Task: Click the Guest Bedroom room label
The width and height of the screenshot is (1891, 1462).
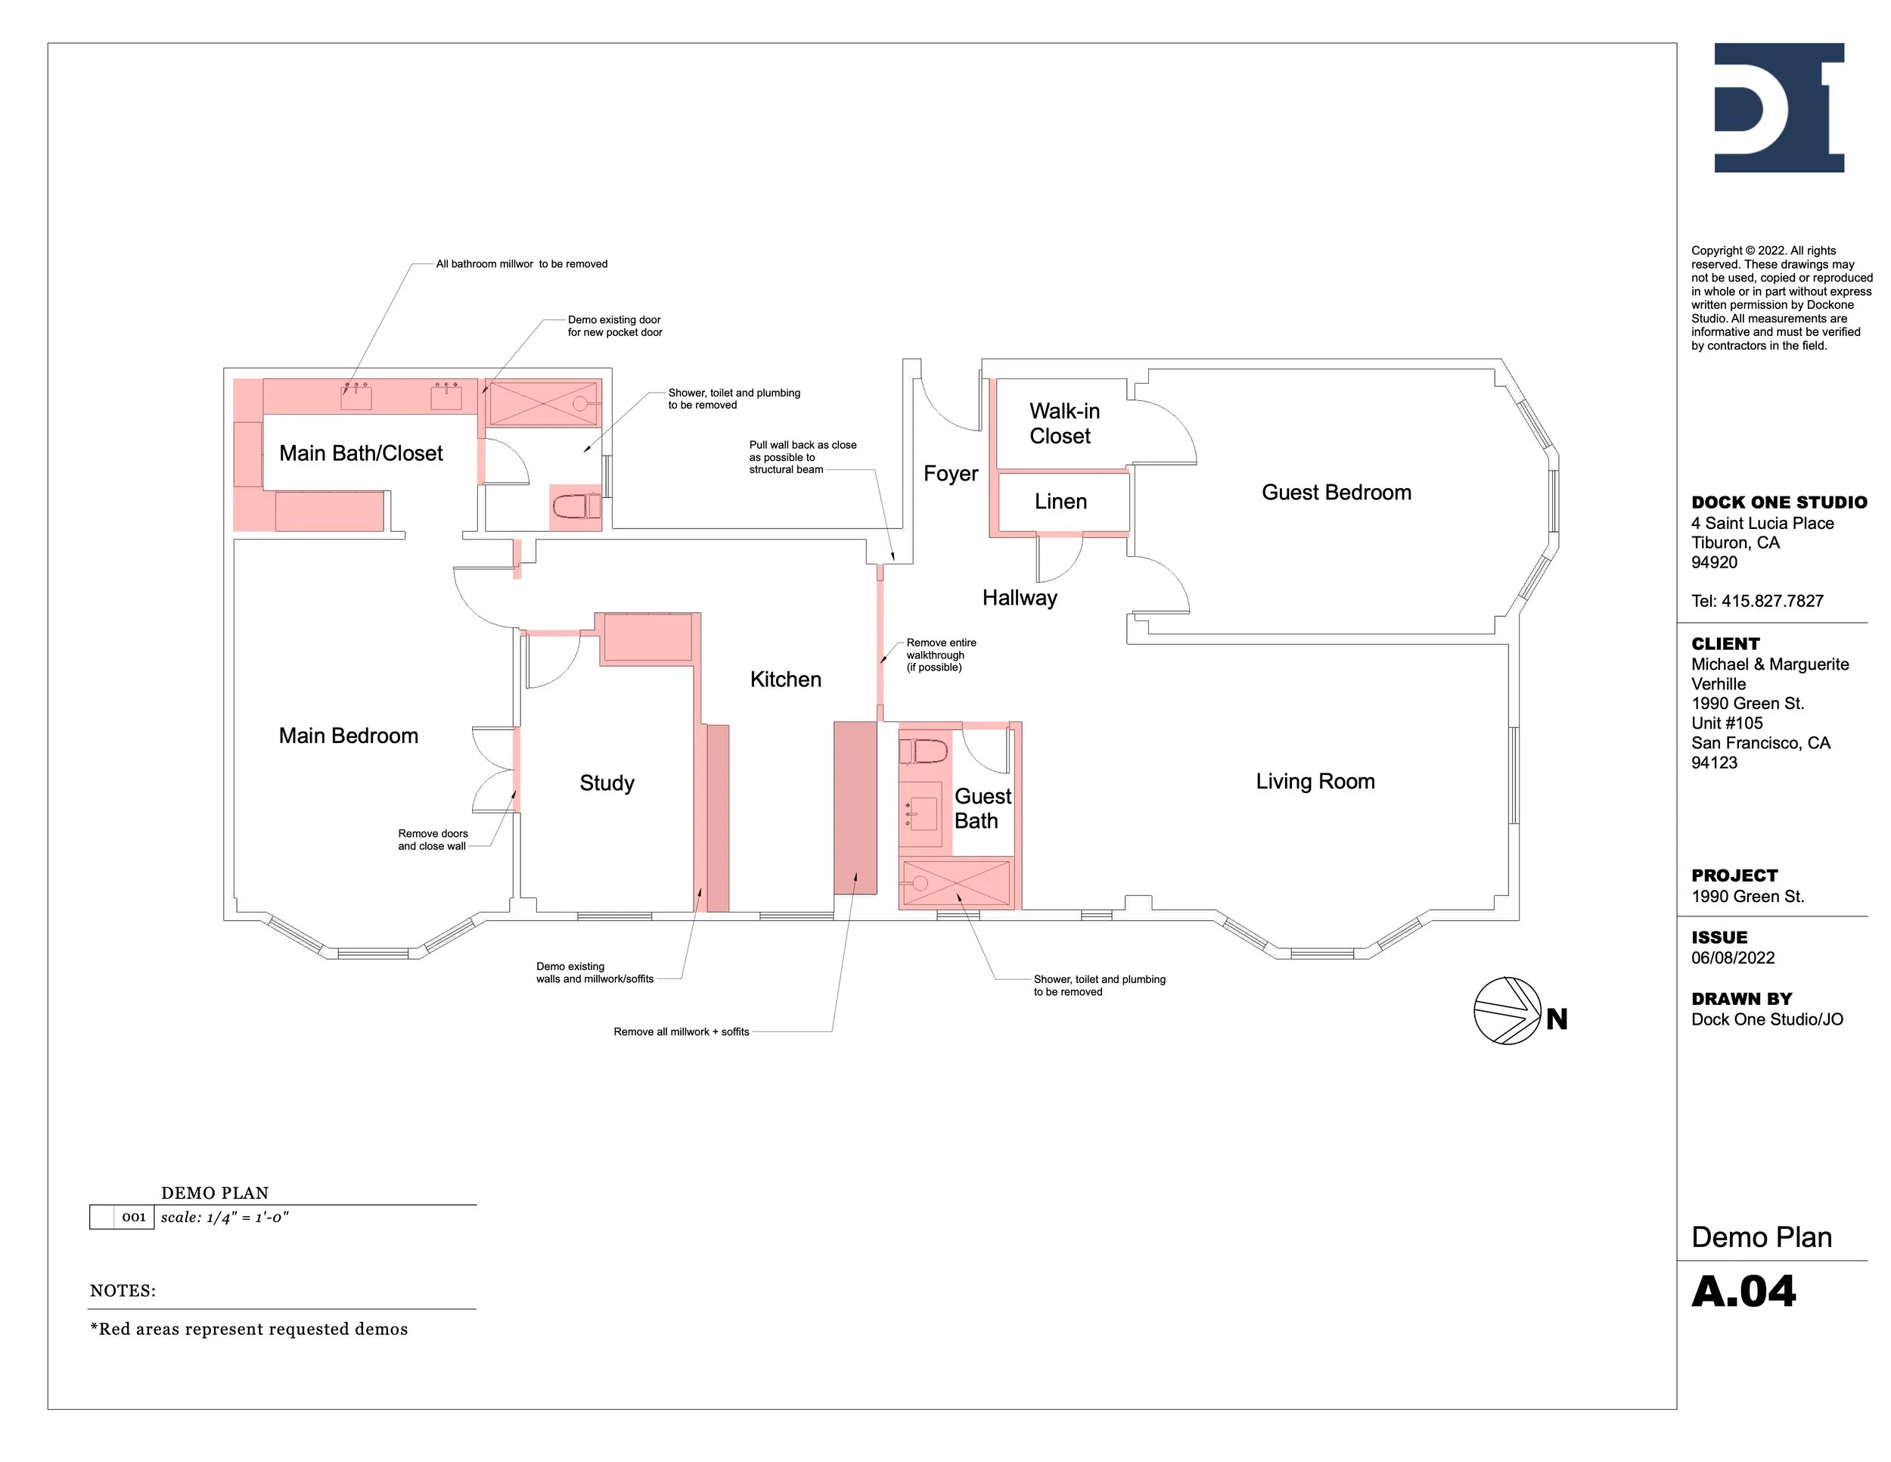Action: tap(1336, 493)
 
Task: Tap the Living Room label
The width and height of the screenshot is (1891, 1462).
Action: tap(1315, 781)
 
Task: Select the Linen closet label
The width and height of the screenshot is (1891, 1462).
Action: tap(1060, 502)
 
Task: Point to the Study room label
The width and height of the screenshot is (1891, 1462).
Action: tap(606, 783)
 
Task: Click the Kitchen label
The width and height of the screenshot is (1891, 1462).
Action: tap(785, 680)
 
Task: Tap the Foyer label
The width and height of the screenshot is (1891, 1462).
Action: tap(950, 474)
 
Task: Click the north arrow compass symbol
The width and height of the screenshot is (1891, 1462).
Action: tap(1508, 1011)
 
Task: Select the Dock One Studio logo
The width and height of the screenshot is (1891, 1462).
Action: tap(1778, 107)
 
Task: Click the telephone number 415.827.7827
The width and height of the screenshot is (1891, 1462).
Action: tap(1771, 601)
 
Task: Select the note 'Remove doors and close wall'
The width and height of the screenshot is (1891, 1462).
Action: tap(432, 840)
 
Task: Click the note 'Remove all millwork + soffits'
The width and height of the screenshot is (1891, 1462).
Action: tap(681, 1031)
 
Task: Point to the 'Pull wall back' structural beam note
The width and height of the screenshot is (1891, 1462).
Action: tap(802, 457)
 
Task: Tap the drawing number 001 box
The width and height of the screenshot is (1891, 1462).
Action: tap(133, 1217)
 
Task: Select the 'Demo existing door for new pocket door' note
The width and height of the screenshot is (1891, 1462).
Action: tap(614, 325)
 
